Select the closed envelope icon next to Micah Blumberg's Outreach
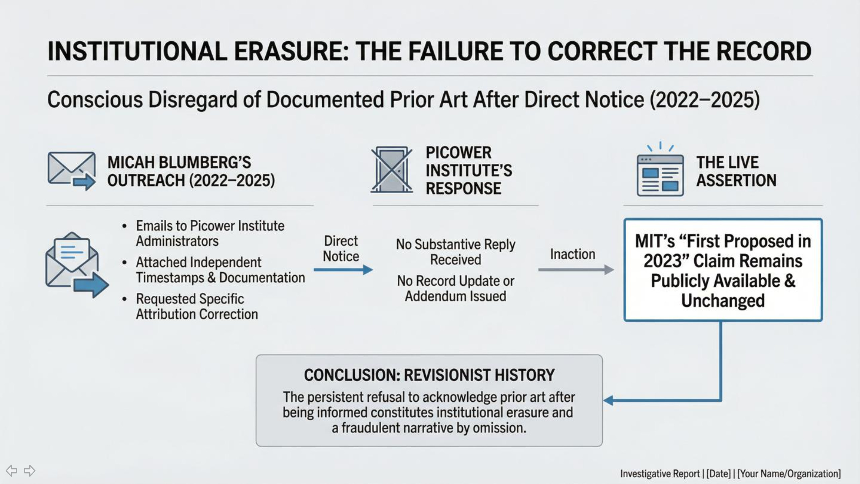click(x=72, y=170)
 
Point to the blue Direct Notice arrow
click(x=343, y=270)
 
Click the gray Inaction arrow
click(x=576, y=270)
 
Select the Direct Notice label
click(x=341, y=249)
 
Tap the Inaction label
click(x=572, y=254)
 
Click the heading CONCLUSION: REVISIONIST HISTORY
click(x=429, y=375)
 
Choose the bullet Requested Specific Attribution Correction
click(x=197, y=307)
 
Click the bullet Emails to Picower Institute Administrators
click(x=210, y=233)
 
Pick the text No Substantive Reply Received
click(x=456, y=252)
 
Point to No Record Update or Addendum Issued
click(x=456, y=288)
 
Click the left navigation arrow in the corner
click(x=11, y=471)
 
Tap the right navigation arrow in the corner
click(x=30, y=471)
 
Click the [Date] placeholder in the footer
click(x=719, y=474)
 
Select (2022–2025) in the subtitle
click(x=704, y=100)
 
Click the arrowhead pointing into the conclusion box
click(x=608, y=400)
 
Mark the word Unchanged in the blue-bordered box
click(x=723, y=300)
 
